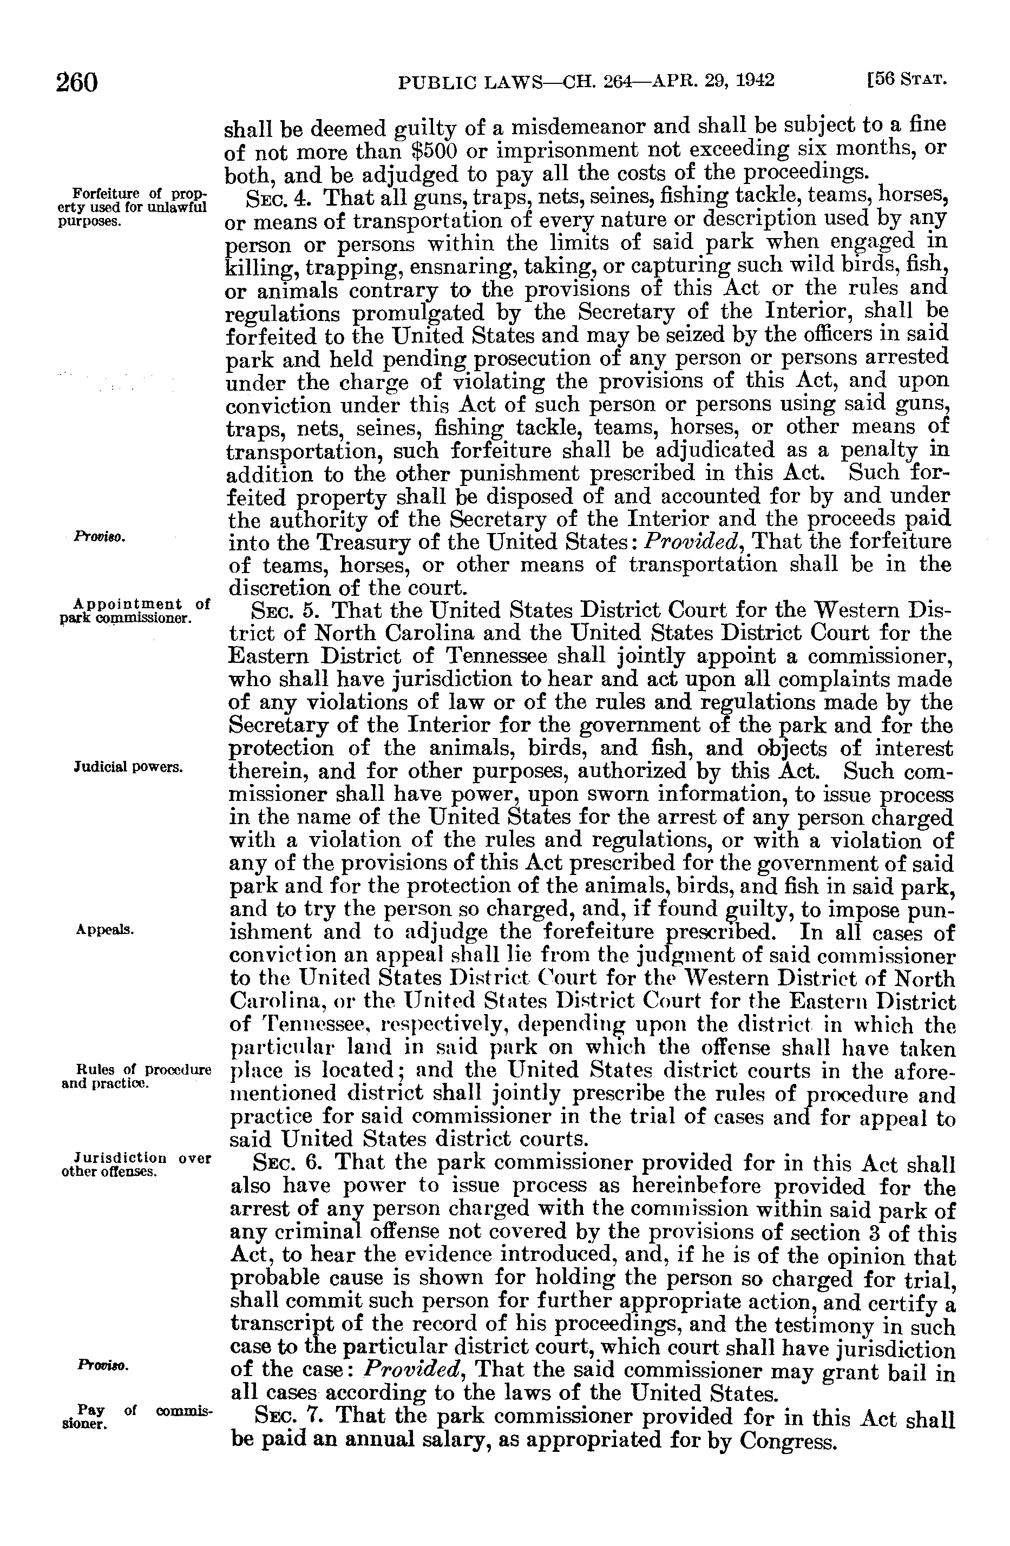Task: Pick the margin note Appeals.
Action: [106, 930]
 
